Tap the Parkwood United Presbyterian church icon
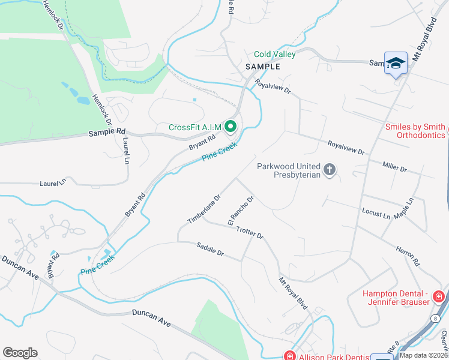329,170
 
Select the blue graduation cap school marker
396,64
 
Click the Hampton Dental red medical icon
439,296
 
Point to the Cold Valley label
275,54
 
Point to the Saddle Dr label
210,249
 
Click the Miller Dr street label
395,166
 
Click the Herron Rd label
408,255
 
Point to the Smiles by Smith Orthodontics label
415,131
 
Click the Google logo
20,353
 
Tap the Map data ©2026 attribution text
423,355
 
